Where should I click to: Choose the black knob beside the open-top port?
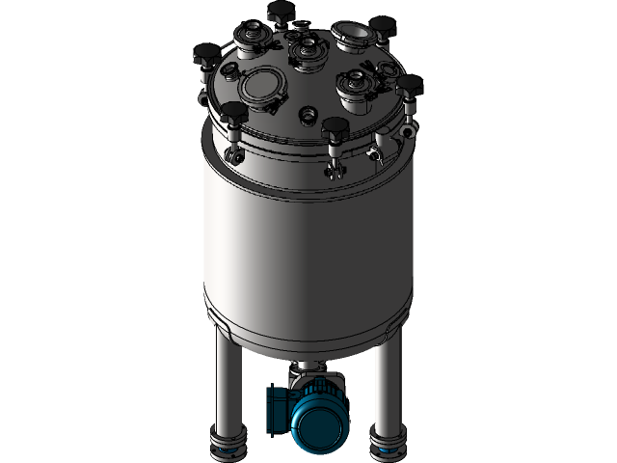(383, 26)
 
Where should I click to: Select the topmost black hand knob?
(281, 12)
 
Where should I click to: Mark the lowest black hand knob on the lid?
(335, 127)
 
